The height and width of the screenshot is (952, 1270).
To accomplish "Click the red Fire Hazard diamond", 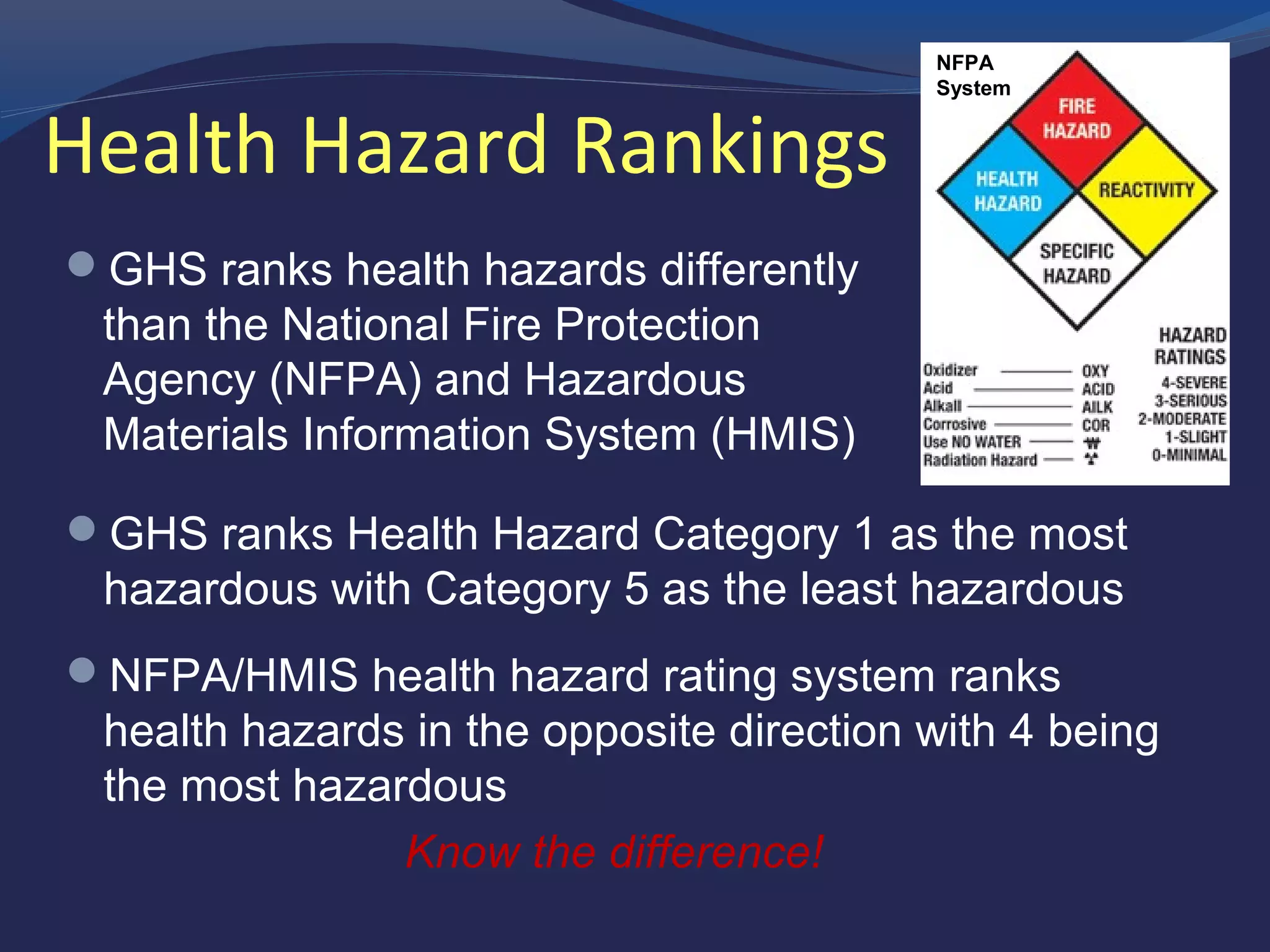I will (1077, 118).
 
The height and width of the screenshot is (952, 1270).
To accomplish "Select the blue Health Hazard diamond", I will (1008, 191).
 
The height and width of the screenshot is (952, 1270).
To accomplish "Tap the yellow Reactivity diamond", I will (1147, 190).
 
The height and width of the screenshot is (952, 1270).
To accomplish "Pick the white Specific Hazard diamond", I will (1077, 263).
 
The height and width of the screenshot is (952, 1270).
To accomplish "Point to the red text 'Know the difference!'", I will (615, 852).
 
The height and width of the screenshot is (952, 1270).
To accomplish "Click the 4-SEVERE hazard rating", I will (1194, 382).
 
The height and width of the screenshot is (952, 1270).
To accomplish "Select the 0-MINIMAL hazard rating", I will (1189, 455).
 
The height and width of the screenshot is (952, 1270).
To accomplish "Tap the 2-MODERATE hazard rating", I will (1182, 419).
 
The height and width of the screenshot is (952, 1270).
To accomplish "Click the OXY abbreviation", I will (1095, 371).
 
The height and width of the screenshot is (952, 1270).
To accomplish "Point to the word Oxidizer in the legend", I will (950, 370).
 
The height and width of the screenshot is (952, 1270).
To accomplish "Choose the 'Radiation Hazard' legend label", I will (980, 460).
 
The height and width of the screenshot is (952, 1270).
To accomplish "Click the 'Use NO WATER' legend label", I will (972, 442).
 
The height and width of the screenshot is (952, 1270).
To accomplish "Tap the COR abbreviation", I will (1096, 425).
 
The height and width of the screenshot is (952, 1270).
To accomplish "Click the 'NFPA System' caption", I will (972, 76).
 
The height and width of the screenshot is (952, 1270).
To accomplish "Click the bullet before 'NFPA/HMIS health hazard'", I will (82, 670).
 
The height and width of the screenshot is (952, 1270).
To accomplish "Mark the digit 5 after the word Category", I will (636, 589).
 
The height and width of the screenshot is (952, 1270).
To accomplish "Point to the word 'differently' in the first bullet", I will (759, 270).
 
